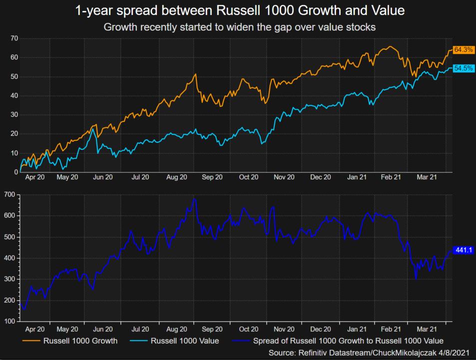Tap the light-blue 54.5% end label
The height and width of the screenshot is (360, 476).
click(463, 68)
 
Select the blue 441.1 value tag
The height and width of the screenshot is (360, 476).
click(463, 250)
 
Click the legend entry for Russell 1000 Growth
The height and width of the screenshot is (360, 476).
click(80, 342)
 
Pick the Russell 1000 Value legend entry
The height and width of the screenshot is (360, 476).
click(185, 342)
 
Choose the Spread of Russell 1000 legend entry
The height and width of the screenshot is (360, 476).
click(348, 342)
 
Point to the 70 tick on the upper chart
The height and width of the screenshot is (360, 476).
click(14, 38)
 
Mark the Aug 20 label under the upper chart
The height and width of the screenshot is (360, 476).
click(176, 177)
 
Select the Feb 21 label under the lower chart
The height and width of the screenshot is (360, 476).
click(391, 329)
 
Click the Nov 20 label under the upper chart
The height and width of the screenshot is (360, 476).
click(284, 177)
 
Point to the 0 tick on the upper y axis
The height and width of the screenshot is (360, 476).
click(16, 172)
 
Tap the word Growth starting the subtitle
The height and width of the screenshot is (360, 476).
click(119, 27)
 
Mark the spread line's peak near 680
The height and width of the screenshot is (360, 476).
click(194, 199)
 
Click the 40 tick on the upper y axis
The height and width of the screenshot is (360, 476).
click(14, 96)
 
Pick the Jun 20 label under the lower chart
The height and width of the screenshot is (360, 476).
click(102, 329)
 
